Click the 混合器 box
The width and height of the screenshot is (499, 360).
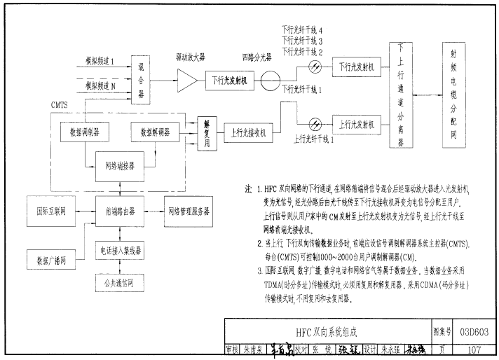[142, 75]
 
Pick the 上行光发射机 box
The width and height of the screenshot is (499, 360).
[356, 124]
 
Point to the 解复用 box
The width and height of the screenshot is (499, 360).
[207, 131]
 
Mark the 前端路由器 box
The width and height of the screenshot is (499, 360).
[116, 211]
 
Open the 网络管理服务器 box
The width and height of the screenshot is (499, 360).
[187, 211]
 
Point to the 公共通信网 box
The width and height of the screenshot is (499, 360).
[116, 283]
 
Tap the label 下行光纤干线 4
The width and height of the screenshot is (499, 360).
[301, 32]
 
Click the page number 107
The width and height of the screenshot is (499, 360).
[471, 349]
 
